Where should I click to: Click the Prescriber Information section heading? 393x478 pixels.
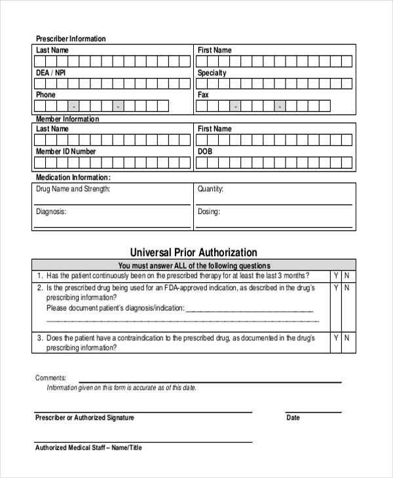tap(70, 39)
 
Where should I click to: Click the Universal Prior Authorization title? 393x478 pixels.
tap(193, 252)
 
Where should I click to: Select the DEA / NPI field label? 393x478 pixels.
tap(50, 73)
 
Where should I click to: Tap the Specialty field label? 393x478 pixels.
tap(212, 73)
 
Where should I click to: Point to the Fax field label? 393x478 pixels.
tap(203, 95)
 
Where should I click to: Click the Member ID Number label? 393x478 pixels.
tap(65, 151)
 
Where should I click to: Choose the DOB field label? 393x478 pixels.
tap(204, 151)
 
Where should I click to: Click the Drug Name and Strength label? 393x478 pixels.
tap(73, 189)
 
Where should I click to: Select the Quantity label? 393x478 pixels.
tap(210, 189)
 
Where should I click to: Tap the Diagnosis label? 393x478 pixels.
tap(51, 211)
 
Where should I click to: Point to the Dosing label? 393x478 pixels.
tap(208, 211)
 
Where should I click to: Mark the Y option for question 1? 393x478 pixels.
tap(336, 276)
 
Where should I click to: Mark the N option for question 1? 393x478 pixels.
tap(347, 276)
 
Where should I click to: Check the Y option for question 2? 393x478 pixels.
tap(336, 287)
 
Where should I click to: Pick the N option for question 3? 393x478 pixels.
tap(347, 338)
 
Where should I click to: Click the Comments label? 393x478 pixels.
tap(50, 378)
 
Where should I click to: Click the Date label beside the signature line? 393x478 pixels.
tap(293, 418)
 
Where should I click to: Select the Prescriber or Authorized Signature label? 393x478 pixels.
tap(84, 418)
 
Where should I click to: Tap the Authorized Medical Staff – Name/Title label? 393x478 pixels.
tap(88, 448)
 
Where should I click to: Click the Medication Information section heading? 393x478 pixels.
tap(73, 177)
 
